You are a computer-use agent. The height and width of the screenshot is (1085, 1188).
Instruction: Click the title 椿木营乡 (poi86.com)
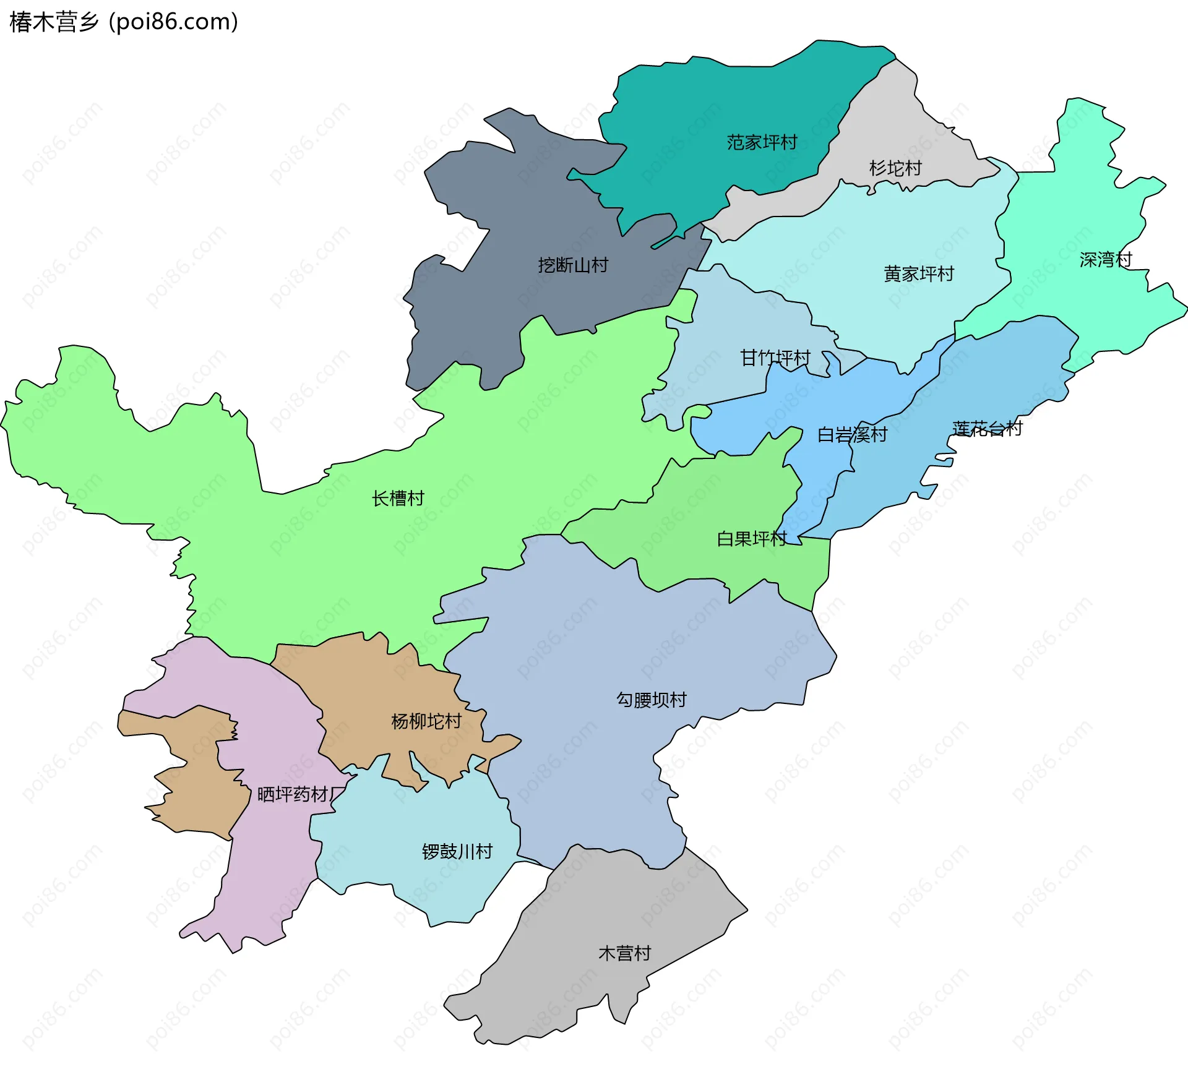click(x=124, y=22)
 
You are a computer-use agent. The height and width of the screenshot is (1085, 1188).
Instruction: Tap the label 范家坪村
click(x=762, y=143)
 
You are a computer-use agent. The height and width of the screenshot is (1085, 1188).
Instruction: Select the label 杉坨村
click(x=895, y=168)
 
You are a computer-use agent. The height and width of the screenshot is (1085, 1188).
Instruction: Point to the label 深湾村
click(x=1106, y=260)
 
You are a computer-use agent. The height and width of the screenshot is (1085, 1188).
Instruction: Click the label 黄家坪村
click(x=919, y=274)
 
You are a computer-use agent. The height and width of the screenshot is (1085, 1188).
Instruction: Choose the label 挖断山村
click(x=573, y=265)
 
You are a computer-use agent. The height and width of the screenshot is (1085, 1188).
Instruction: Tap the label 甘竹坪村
click(x=775, y=358)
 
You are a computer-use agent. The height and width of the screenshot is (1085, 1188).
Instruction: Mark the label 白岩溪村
click(x=852, y=435)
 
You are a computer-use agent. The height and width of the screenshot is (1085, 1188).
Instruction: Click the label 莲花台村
click(x=987, y=429)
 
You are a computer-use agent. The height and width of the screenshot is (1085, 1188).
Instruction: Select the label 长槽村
click(x=398, y=499)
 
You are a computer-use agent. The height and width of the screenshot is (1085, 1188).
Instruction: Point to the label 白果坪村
click(x=752, y=539)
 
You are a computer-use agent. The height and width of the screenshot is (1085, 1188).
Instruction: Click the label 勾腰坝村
click(x=652, y=700)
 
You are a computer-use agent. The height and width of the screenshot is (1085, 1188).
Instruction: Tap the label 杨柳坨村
click(x=426, y=721)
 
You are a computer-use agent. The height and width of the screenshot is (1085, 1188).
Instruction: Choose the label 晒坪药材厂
click(x=301, y=795)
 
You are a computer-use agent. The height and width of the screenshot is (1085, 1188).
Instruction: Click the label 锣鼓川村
click(x=457, y=852)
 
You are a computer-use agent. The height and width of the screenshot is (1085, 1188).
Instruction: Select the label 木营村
click(x=625, y=953)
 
